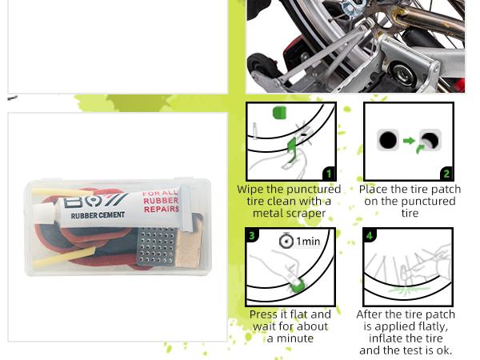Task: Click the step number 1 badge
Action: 328,174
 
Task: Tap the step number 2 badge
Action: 446,174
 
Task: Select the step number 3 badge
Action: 252,235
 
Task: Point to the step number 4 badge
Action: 370,235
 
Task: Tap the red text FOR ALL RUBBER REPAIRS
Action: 159,203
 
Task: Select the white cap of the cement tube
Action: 186,197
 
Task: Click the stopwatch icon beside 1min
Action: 286,241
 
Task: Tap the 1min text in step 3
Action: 308,242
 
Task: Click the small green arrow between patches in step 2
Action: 409,142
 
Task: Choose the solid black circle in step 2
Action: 388,142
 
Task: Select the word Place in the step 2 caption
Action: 373,190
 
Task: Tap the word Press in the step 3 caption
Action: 264,314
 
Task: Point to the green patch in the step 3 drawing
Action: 294,285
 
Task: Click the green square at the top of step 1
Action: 279,112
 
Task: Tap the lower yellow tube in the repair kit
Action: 60,258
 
